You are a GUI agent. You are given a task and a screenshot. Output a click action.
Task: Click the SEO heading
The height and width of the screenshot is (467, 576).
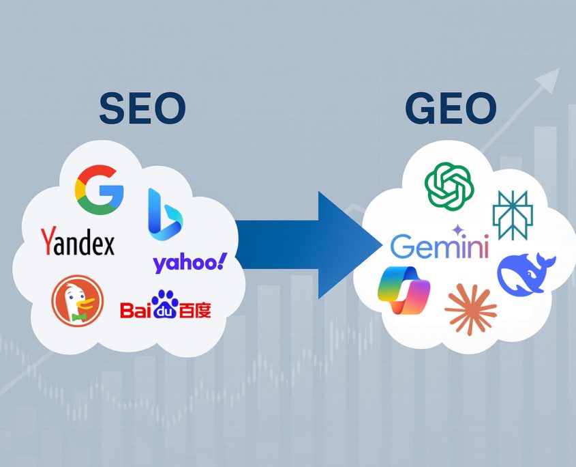click(x=142, y=108)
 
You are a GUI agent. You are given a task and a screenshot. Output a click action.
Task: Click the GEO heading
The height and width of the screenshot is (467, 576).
click(x=451, y=108)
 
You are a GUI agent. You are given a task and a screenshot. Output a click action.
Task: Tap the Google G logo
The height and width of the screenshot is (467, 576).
click(x=100, y=190)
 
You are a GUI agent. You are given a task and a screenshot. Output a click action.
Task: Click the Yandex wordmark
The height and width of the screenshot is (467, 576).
click(x=78, y=241)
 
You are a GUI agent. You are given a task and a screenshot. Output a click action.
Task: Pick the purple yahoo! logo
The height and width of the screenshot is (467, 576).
click(x=190, y=263)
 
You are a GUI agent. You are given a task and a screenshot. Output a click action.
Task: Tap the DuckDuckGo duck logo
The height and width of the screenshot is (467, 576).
click(x=78, y=300)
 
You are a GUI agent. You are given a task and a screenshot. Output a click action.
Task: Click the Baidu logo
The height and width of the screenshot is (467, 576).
click(x=166, y=305)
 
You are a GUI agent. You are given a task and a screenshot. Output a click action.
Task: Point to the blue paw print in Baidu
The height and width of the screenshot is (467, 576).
click(x=164, y=304)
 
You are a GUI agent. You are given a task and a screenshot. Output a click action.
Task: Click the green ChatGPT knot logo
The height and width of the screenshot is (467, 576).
click(x=449, y=186)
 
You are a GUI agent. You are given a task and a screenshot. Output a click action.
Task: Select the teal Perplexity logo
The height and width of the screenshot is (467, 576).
click(x=513, y=215)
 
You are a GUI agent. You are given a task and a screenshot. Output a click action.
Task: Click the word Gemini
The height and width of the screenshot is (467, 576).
click(x=440, y=246)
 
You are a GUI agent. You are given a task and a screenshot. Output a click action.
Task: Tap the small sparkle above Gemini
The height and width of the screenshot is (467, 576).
click(x=457, y=230)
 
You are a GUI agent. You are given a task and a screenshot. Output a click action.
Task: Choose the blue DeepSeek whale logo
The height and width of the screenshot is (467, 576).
click(x=526, y=273)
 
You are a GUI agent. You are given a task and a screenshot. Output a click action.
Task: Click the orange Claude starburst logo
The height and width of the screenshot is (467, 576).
click(x=470, y=309)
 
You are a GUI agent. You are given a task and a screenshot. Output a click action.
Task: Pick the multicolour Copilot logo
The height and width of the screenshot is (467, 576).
click(x=404, y=290)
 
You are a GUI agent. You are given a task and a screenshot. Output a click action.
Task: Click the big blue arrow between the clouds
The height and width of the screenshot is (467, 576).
click(x=308, y=244)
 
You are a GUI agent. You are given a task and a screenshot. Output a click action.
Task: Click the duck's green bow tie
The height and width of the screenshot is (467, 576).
click(x=79, y=317)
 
